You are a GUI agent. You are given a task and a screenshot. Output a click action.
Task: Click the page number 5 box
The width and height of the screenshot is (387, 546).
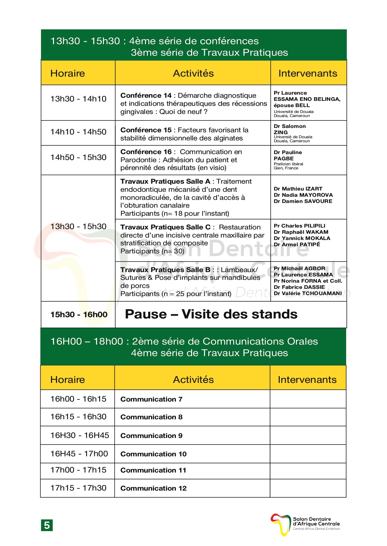pyautogui.click(x=47, y=525)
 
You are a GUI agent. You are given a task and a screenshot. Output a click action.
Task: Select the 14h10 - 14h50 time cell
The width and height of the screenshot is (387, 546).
pyautogui.click(x=78, y=132)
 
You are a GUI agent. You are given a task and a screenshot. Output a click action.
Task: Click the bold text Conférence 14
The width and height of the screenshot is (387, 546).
pyautogui.click(x=146, y=96)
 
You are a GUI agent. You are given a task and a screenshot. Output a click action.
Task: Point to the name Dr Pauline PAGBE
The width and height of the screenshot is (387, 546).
pyautogui.click(x=288, y=155)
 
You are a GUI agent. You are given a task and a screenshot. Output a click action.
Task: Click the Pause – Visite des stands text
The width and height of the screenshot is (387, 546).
pyautogui.click(x=211, y=314)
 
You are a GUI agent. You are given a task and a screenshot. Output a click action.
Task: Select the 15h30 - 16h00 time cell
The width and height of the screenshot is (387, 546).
pyautogui.click(x=79, y=315)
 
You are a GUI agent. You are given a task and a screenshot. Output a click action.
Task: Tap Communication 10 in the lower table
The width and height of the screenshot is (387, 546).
pyautogui.click(x=153, y=454)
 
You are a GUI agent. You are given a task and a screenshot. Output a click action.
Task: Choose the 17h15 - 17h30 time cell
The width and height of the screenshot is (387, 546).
pyautogui.click(x=78, y=488)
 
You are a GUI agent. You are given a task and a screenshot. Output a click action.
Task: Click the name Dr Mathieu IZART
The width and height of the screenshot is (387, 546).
pyautogui.click(x=298, y=189)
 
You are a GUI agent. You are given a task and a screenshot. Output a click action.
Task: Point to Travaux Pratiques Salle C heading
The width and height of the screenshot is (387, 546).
pyautogui.click(x=165, y=227)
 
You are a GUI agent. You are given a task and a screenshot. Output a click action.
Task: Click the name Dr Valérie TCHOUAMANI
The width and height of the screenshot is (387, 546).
pyautogui.click(x=307, y=293)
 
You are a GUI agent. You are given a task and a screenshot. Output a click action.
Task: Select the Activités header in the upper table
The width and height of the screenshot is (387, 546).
pyautogui.click(x=193, y=73)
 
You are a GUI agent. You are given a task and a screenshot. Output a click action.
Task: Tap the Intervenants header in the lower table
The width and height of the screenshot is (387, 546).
pyautogui.click(x=307, y=380)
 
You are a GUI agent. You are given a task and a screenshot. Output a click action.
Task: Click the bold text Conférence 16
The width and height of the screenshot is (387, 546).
pyautogui.click(x=146, y=152)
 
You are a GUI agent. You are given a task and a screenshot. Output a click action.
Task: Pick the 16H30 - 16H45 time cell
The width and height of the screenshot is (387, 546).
pyautogui.click(x=80, y=435)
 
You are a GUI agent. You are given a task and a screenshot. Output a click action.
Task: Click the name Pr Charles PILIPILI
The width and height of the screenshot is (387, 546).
pyautogui.click(x=299, y=226)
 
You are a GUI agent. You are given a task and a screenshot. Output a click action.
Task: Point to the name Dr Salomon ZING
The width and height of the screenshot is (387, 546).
pyautogui.click(x=289, y=129)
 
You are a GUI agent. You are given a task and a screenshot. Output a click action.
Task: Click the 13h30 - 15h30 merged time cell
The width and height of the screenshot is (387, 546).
pyautogui.click(x=78, y=227)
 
